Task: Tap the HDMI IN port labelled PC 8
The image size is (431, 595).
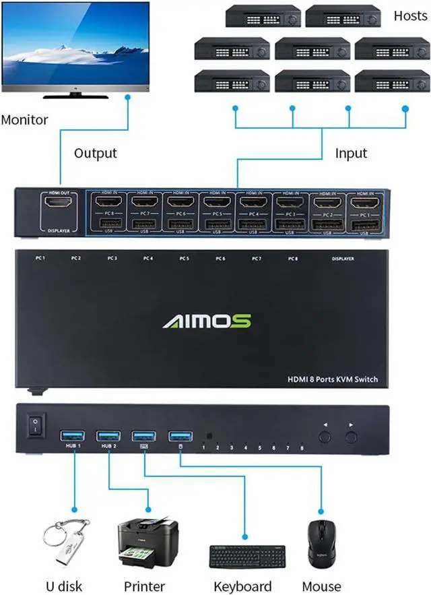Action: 106,201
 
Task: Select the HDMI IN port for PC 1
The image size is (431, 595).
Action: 362,201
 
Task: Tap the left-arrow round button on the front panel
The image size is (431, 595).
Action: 326,437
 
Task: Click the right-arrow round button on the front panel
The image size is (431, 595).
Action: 350,437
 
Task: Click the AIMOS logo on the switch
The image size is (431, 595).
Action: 207,320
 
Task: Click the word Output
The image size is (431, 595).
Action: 95,153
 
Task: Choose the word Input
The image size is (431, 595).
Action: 351,153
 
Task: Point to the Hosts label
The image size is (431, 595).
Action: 410,15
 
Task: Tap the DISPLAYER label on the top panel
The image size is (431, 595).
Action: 343,259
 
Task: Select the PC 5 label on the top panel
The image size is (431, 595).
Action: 184,259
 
